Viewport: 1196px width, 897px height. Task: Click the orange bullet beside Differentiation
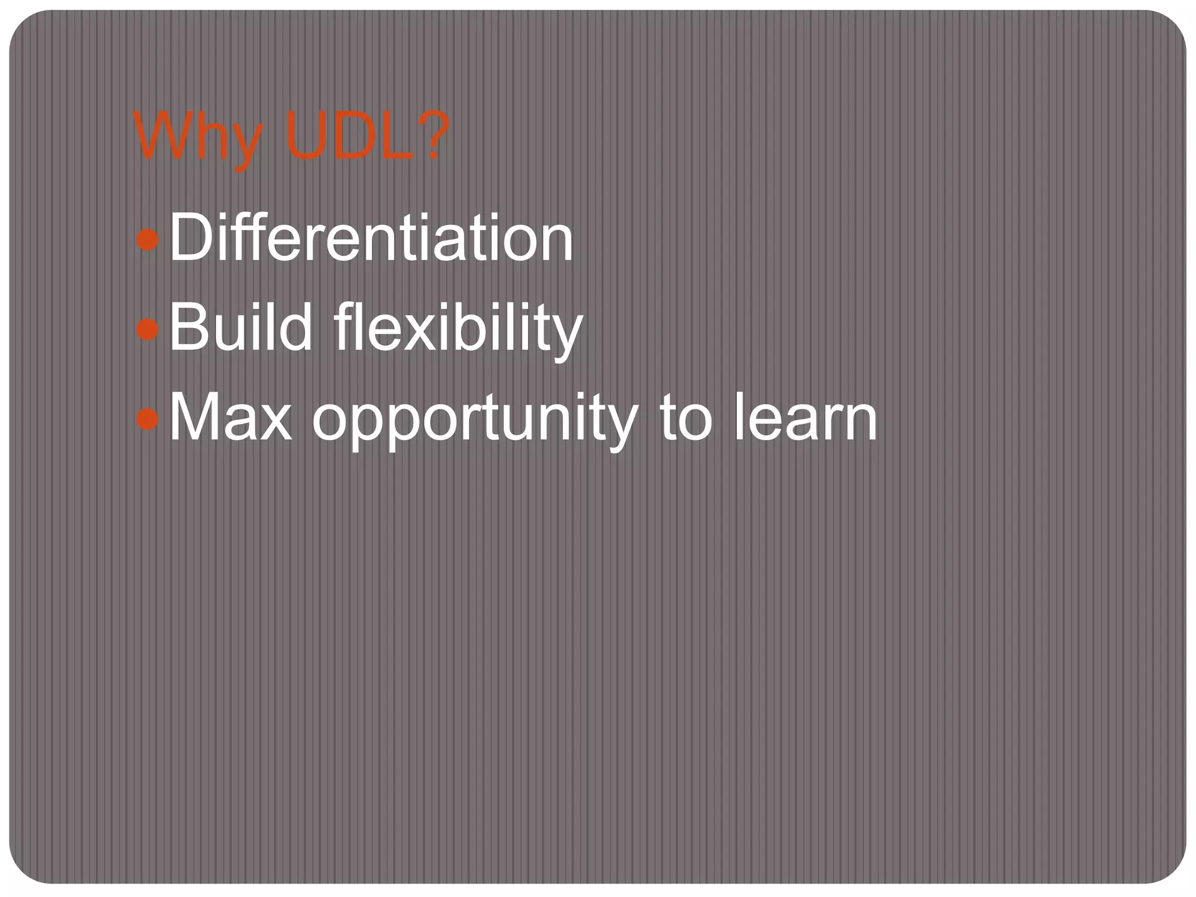(x=147, y=239)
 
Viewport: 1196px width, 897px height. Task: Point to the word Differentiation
(x=371, y=238)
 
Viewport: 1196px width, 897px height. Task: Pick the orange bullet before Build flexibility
(x=147, y=329)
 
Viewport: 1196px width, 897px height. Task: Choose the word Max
(x=230, y=417)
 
